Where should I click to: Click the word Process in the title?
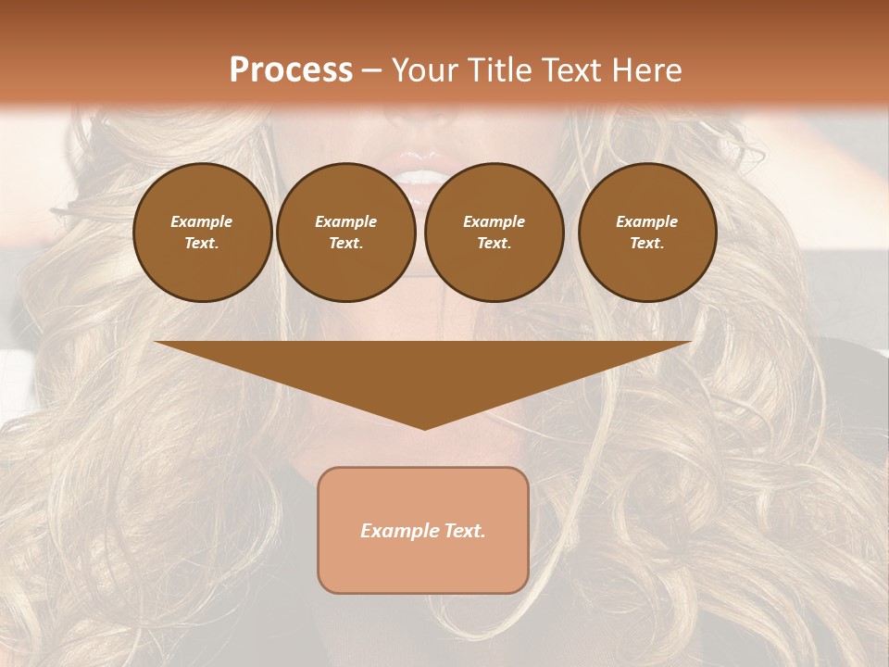291,70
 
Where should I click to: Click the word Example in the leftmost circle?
202,221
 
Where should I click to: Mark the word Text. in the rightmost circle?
647,244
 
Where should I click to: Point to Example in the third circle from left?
494,221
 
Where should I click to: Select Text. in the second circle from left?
346,244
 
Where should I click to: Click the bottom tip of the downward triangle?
424,427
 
